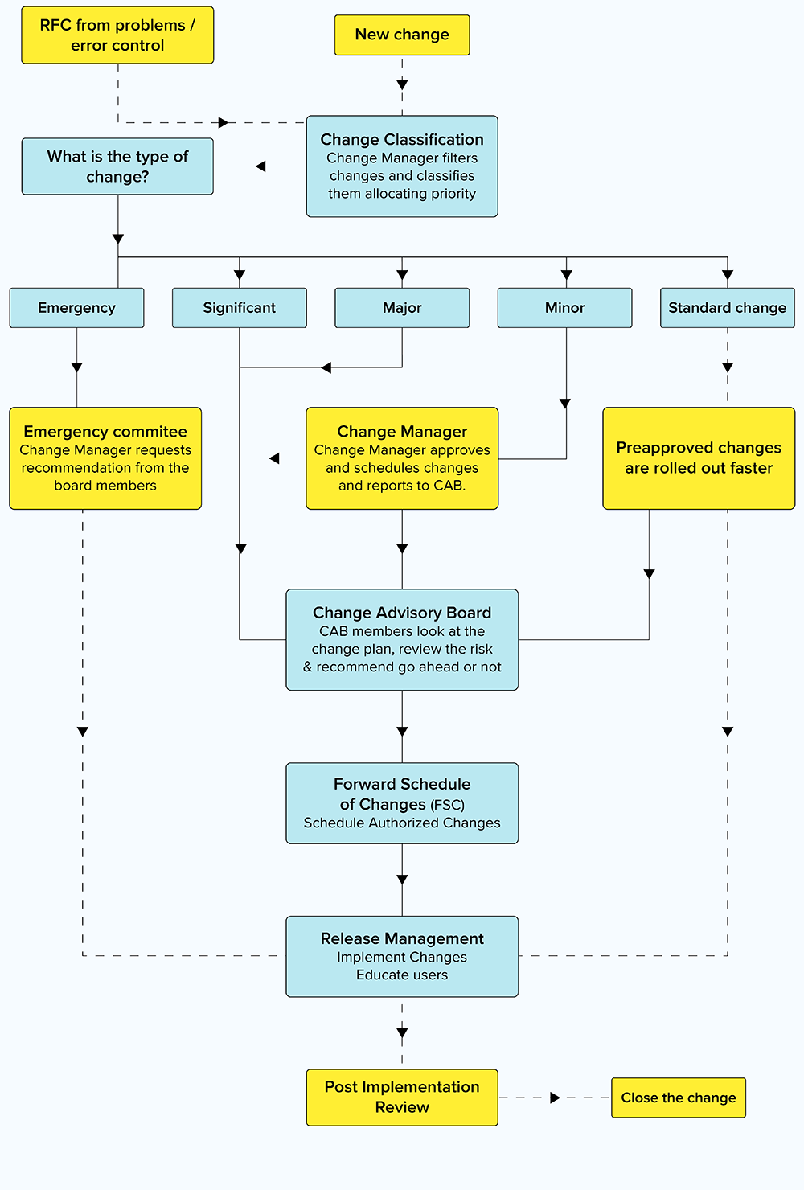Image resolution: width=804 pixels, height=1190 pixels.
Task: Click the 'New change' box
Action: pos(402,35)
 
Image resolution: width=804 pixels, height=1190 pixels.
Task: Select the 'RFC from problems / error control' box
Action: pos(117,35)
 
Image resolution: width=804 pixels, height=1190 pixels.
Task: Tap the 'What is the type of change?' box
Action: pos(117,166)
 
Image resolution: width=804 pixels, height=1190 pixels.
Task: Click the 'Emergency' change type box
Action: pos(76,308)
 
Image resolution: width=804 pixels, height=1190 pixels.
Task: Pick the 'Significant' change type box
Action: pos(239,308)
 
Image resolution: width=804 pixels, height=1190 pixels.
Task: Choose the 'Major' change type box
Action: pos(402,308)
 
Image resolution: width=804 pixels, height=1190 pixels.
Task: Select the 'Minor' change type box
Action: pos(564,308)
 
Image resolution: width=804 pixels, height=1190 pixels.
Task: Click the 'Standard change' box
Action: pos(727,308)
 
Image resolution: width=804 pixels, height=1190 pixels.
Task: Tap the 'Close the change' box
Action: pos(679,1098)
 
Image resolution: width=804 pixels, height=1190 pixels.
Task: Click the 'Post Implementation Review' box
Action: pos(402,1097)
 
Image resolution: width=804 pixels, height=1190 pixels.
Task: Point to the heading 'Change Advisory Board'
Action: pos(402,613)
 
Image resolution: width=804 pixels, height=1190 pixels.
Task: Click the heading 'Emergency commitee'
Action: pos(105,432)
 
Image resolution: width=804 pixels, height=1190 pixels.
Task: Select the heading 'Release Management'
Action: pos(402,938)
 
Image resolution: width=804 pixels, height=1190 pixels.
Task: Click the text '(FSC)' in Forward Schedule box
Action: pos(447,805)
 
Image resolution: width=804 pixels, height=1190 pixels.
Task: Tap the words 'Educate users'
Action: pos(402,975)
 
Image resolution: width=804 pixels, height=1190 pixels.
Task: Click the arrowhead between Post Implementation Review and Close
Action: pos(555,1098)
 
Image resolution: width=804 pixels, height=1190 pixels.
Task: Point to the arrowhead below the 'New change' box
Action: pos(402,84)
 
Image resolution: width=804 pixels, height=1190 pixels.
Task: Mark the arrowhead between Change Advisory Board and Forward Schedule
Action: pos(402,732)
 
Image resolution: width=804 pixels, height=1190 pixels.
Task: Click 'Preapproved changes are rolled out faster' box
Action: pos(699,458)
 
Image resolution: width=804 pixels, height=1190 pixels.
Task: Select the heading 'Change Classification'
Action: pos(402,140)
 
